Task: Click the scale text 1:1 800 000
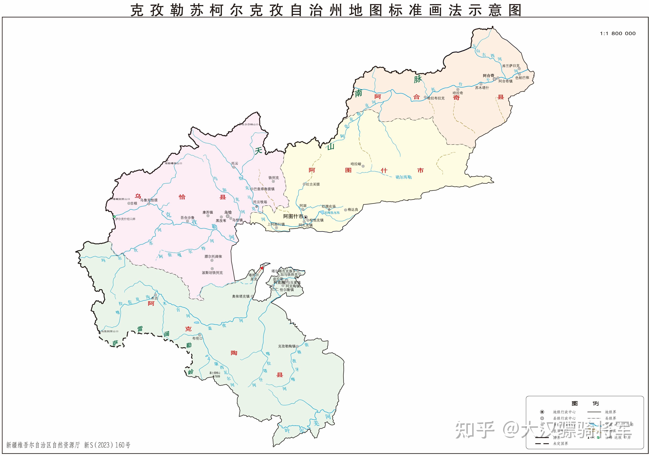point(618,33)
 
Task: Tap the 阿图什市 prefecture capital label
point(293,216)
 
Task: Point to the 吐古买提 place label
point(313,184)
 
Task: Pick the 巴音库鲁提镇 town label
point(264,189)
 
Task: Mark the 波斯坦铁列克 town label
point(212,273)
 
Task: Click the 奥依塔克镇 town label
point(241,296)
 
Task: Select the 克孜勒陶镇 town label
point(287,346)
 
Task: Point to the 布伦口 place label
point(197,338)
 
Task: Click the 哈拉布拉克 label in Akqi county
point(436,98)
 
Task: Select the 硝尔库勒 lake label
point(403,177)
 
